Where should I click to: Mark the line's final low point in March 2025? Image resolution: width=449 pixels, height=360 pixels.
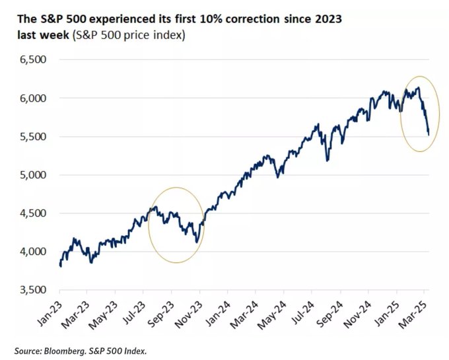pos(428,135)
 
